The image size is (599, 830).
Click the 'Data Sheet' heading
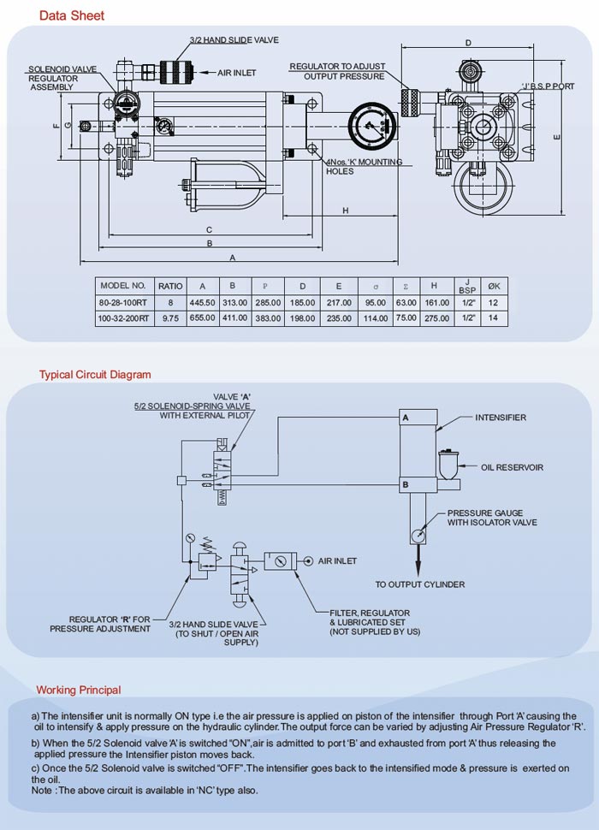(x=72, y=15)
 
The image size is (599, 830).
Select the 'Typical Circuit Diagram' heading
(x=95, y=375)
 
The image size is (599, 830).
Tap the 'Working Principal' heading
(x=79, y=690)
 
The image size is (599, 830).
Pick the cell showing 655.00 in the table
(x=202, y=317)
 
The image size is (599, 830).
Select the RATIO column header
(x=170, y=286)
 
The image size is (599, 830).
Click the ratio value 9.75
(x=170, y=317)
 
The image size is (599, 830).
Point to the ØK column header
(x=493, y=286)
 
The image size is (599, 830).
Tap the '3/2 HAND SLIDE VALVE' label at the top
(x=234, y=40)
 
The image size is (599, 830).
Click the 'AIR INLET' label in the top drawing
(x=235, y=74)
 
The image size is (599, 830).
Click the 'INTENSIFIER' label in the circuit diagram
(x=501, y=418)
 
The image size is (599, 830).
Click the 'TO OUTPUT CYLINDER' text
(x=420, y=584)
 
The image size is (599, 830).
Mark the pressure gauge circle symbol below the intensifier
(x=418, y=536)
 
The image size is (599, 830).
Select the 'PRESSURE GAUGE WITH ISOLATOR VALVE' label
(x=492, y=518)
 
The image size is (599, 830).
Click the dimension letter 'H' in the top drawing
(x=345, y=210)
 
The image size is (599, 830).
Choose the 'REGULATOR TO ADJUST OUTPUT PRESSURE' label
(x=337, y=71)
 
